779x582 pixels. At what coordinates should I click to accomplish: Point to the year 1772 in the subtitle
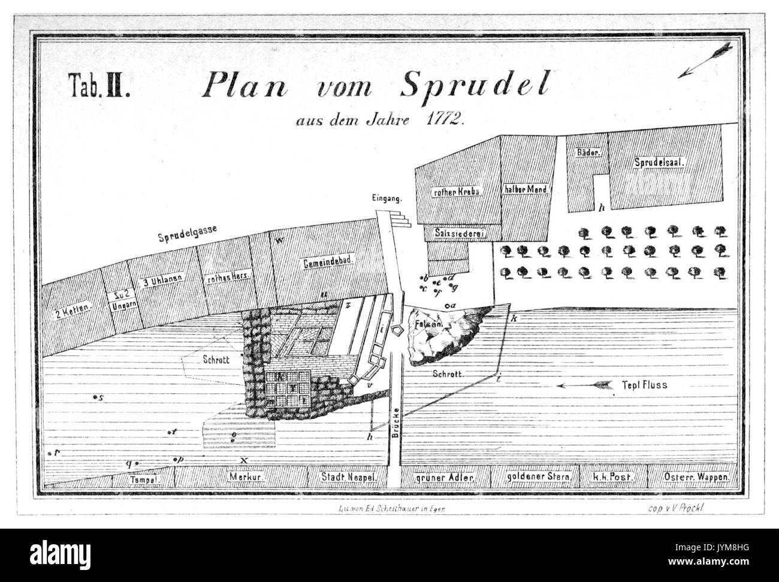pyautogui.click(x=444, y=118)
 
